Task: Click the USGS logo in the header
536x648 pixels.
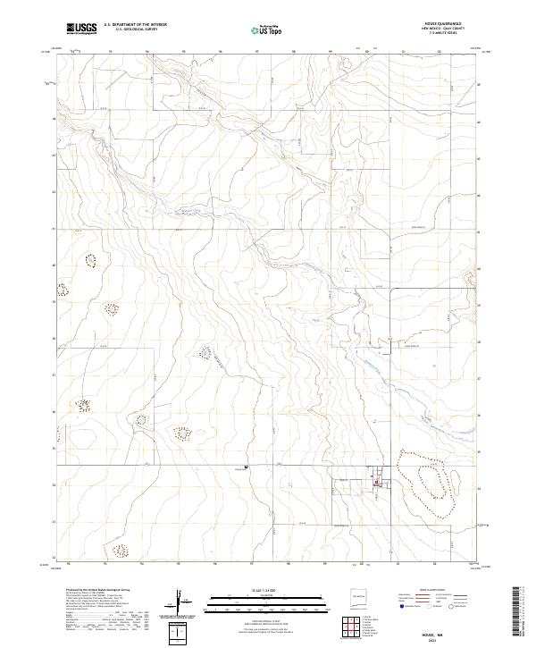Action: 82,29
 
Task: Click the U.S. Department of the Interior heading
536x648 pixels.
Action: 135,26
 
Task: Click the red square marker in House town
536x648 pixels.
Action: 376,484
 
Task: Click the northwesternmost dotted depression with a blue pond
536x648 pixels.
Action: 89,260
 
